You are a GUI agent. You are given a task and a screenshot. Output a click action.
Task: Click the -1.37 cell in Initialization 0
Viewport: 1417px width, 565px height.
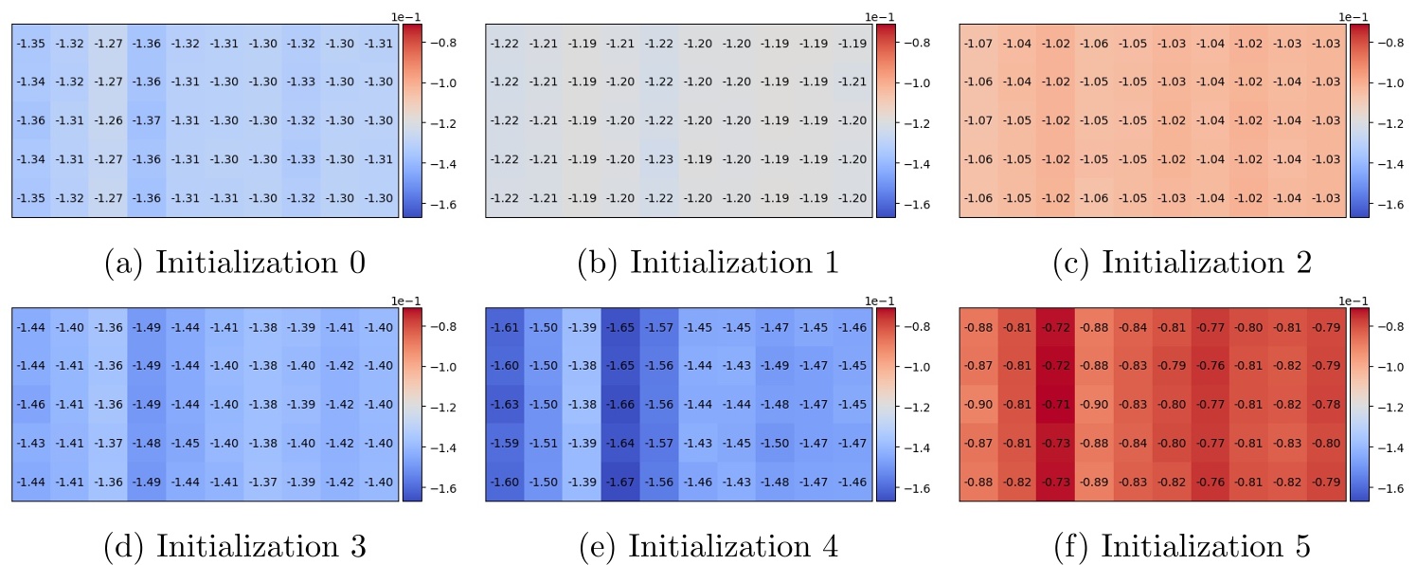pyautogui.click(x=147, y=120)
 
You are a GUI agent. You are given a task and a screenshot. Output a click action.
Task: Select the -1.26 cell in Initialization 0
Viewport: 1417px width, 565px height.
pyautogui.click(x=108, y=120)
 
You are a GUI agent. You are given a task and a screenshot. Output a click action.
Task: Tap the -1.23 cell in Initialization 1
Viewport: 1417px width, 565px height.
pyautogui.click(x=659, y=159)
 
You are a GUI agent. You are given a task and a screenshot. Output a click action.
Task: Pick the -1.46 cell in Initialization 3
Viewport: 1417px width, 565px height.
pyautogui.click(x=30, y=405)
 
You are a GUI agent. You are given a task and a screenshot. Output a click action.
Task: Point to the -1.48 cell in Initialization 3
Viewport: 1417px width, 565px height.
pyautogui.click(x=147, y=444)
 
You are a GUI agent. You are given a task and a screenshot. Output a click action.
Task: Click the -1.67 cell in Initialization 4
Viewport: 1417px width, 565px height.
pyautogui.click(x=620, y=483)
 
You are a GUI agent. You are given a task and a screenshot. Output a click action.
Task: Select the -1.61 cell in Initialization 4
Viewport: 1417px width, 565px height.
pyautogui.click(x=504, y=327)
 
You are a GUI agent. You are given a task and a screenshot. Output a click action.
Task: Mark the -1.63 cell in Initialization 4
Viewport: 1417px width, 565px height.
pyautogui.click(x=504, y=405)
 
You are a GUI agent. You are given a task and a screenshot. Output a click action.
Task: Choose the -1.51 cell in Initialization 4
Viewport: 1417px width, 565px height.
pyautogui.click(x=543, y=444)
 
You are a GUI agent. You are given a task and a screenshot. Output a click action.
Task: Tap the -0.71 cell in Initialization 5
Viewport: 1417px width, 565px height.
pyautogui.click(x=1055, y=405)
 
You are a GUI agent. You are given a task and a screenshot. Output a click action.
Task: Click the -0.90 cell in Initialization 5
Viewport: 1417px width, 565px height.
pyautogui.click(x=978, y=405)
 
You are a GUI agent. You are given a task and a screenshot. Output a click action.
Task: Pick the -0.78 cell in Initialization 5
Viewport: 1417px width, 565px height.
pyautogui.click(x=1326, y=405)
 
